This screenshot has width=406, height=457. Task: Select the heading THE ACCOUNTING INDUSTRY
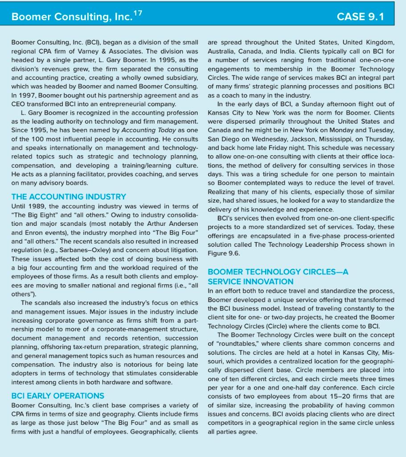[x=69, y=196]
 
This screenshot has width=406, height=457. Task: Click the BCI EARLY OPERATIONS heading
[x=57, y=395]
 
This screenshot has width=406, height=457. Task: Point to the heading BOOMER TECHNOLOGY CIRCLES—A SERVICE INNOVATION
[x=278, y=276]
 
